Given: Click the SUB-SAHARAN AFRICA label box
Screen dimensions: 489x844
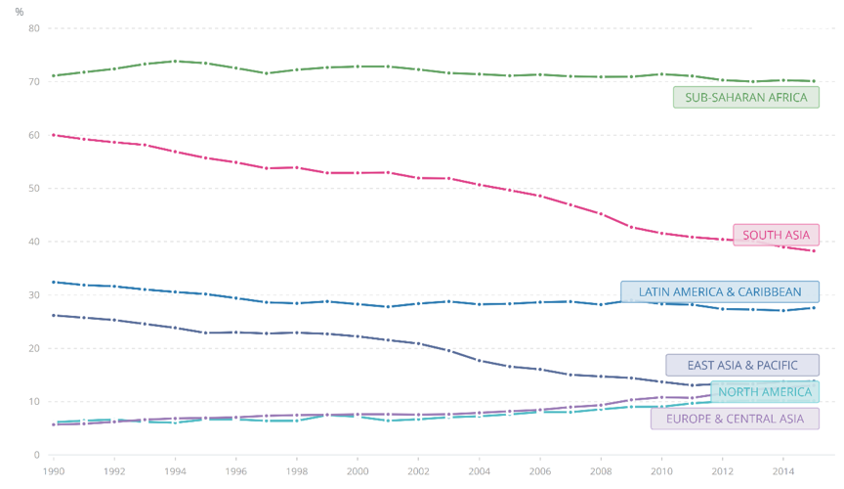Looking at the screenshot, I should click(x=745, y=97).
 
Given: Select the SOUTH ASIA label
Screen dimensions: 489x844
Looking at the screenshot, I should click(x=776, y=235).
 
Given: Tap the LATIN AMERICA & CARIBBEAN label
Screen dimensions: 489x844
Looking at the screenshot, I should click(x=720, y=291).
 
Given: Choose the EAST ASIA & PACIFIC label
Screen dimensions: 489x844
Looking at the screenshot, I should click(x=742, y=365).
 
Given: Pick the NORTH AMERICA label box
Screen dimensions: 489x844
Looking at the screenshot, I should click(x=765, y=392).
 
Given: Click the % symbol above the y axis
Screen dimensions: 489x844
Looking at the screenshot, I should click(x=20, y=12).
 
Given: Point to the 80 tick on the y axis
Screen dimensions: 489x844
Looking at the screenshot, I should click(x=33, y=28).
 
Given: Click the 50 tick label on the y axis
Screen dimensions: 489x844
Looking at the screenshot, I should click(x=33, y=189).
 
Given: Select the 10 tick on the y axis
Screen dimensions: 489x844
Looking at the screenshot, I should click(x=33, y=402).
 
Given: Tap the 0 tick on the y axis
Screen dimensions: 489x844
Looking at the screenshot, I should click(x=36, y=455).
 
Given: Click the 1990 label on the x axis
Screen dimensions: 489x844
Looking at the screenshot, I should click(x=54, y=470).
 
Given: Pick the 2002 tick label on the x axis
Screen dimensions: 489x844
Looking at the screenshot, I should click(x=418, y=470).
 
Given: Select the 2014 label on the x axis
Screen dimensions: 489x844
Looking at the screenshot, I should click(x=782, y=470).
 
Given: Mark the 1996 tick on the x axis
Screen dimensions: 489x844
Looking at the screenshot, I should click(x=236, y=470).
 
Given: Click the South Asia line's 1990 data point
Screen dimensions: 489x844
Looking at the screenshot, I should click(x=54, y=135).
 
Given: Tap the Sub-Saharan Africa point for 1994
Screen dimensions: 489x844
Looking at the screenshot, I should click(x=176, y=61).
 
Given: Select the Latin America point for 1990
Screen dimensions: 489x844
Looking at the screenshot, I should click(x=54, y=282).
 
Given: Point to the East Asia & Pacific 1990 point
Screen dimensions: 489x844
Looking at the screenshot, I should click(x=54, y=315).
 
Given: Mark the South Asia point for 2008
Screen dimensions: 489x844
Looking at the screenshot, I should click(x=601, y=213).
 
